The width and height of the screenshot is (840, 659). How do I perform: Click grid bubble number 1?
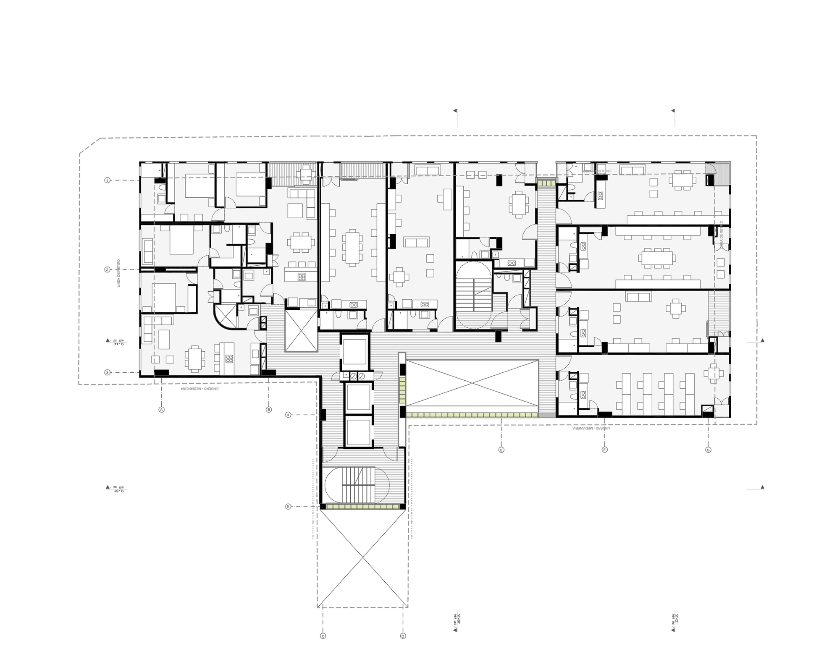108,180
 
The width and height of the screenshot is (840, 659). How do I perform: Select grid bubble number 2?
108,269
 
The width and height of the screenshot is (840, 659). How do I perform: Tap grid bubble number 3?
108,372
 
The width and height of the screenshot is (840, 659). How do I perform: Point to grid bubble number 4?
288,415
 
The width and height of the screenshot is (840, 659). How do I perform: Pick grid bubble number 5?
288,507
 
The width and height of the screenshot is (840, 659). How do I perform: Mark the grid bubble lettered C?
323,648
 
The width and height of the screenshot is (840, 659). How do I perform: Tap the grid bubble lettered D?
403,648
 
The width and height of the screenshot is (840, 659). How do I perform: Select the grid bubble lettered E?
501,450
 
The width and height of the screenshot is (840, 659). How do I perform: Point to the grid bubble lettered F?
605,450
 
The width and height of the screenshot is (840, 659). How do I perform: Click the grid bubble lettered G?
708,450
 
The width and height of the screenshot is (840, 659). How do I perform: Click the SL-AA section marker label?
118,341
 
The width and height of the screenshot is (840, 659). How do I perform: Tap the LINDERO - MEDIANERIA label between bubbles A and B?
199,389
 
